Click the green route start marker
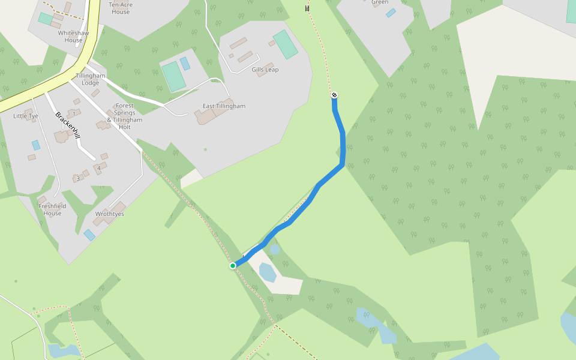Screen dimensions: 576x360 tap(233, 266)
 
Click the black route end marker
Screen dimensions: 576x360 tap(334, 95)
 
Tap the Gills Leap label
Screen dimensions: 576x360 tap(265, 70)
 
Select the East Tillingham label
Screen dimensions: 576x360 tap(224, 106)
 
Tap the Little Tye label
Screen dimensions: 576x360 tap(26, 116)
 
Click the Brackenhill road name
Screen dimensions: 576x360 tap(67, 126)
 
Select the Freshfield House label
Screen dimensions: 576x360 tap(52, 209)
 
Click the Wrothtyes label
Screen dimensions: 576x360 tap(109, 214)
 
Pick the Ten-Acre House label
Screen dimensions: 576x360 tap(120, 8)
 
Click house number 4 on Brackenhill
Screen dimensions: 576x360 tap(99, 168)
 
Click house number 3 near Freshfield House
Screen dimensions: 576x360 tap(78, 178)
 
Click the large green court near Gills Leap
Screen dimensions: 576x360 tap(286, 45)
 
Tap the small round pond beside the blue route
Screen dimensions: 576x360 tap(275, 248)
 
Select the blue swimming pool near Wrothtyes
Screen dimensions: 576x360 tap(89, 235)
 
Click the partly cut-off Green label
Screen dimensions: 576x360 tap(380, 2)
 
